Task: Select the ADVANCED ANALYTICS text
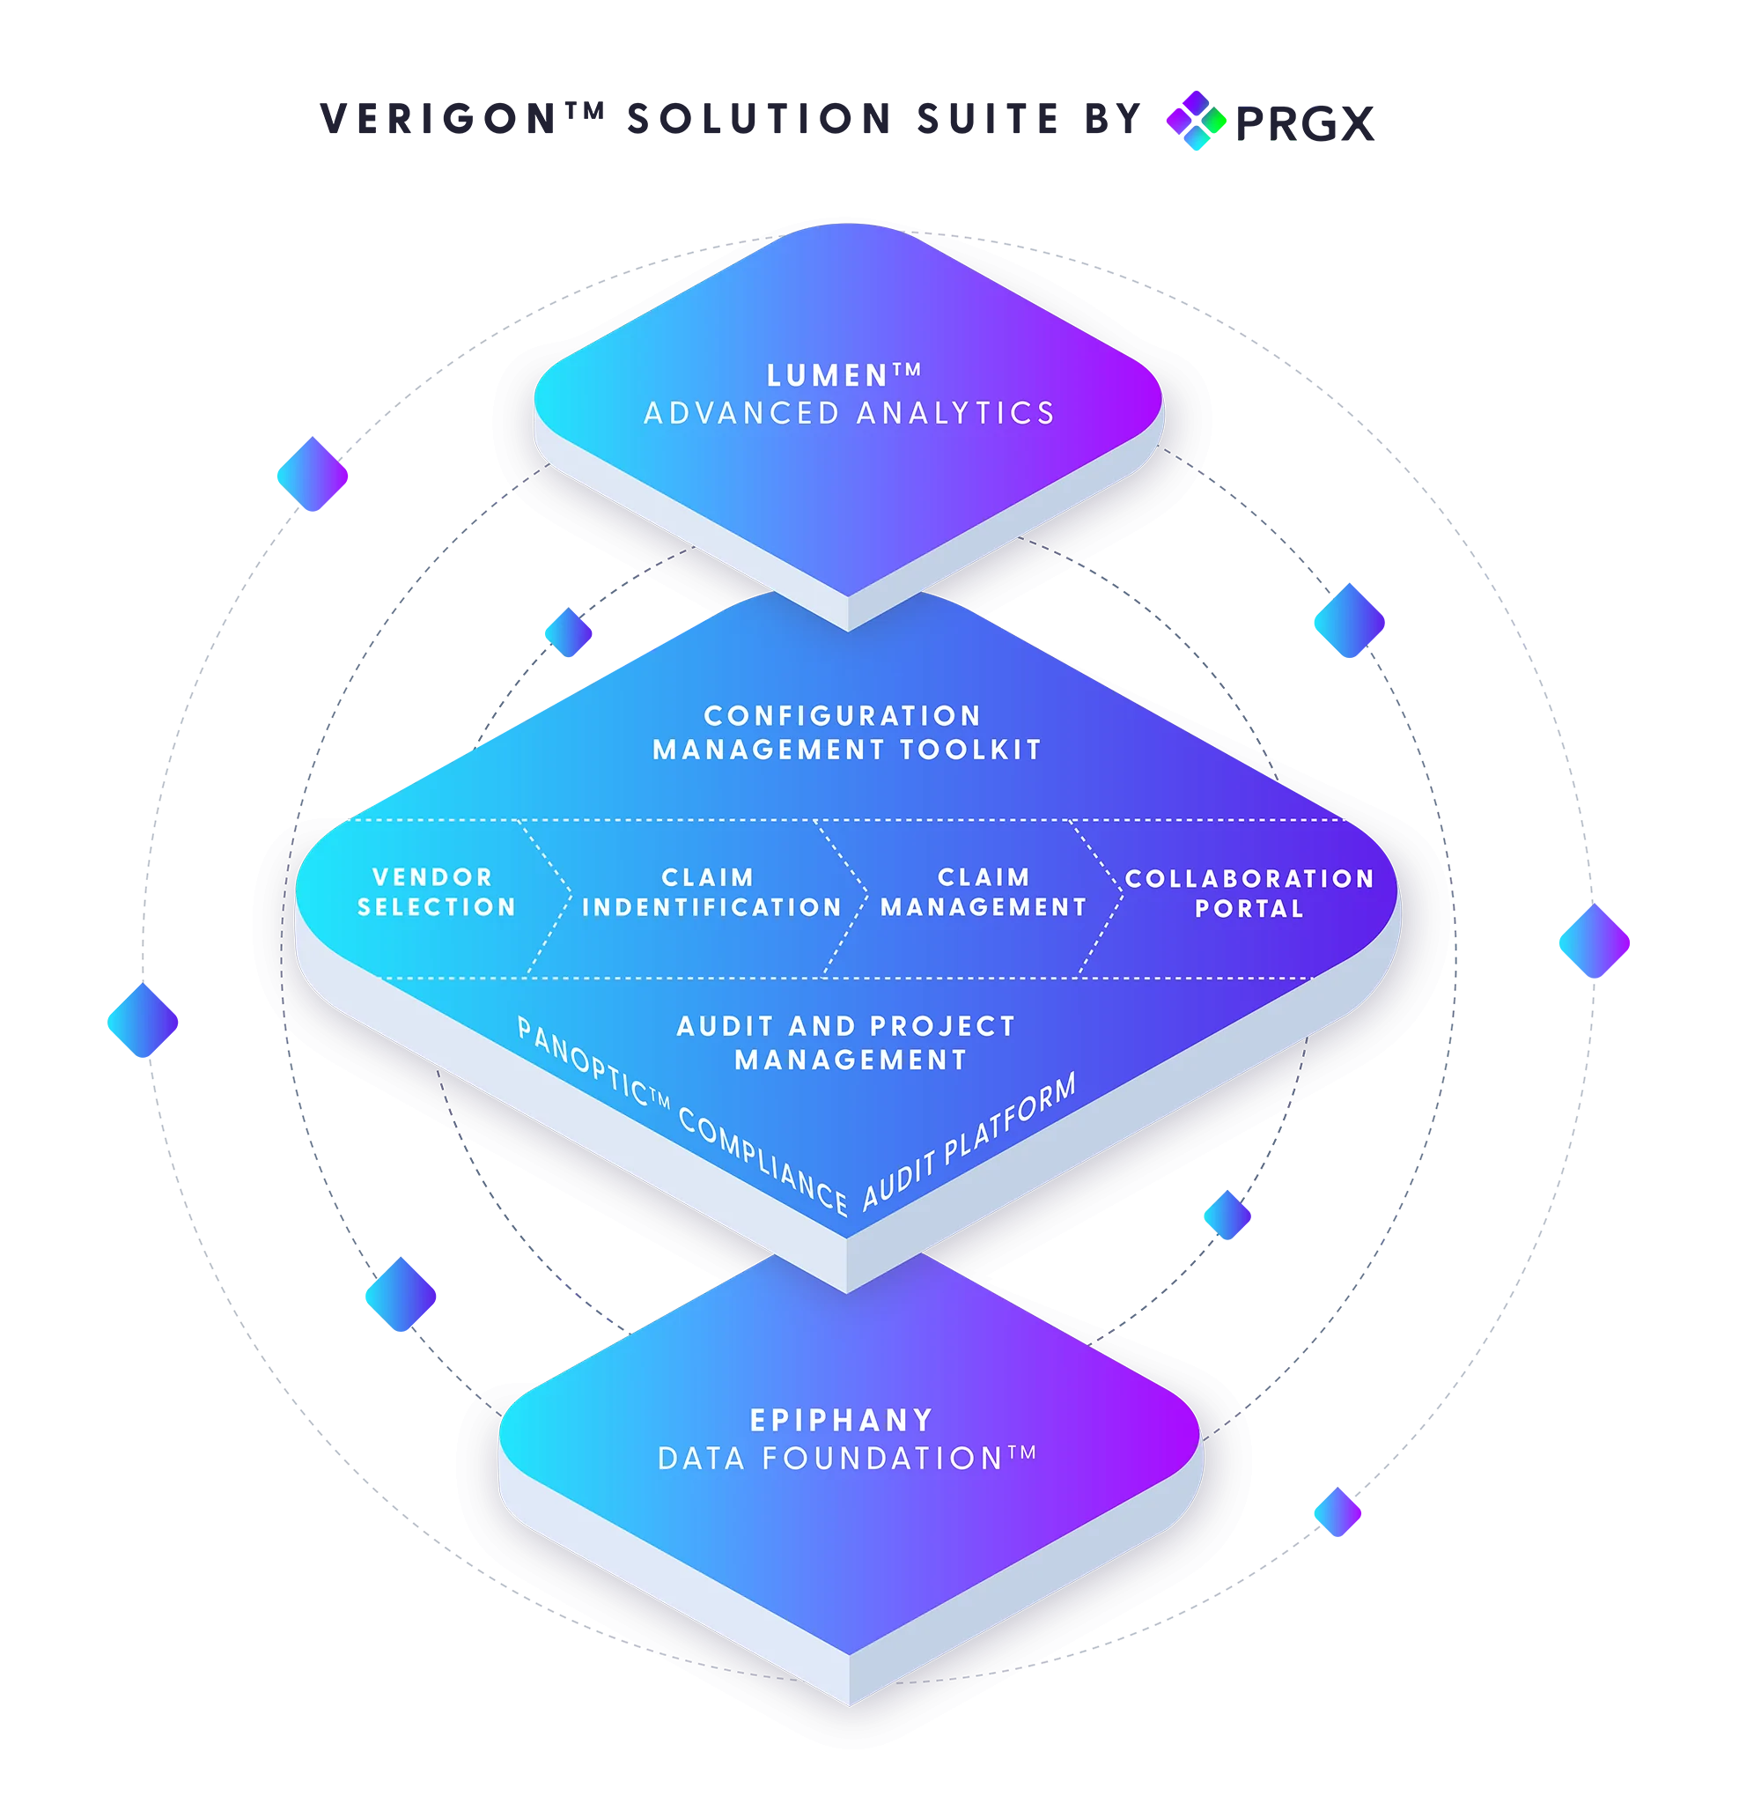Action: [850, 413]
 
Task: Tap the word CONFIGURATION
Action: [842, 716]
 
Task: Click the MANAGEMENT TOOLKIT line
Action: [848, 750]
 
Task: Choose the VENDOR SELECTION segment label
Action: [436, 892]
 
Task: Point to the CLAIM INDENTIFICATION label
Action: [711, 892]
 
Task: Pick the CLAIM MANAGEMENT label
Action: [983, 892]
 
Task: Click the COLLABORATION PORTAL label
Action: [1249, 893]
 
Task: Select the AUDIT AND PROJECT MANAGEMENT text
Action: [848, 1043]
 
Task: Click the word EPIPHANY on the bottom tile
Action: [841, 1420]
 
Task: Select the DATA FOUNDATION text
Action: [832, 1459]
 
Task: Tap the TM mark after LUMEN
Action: [908, 370]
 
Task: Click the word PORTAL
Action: [1249, 908]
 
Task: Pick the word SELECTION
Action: [436, 907]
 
